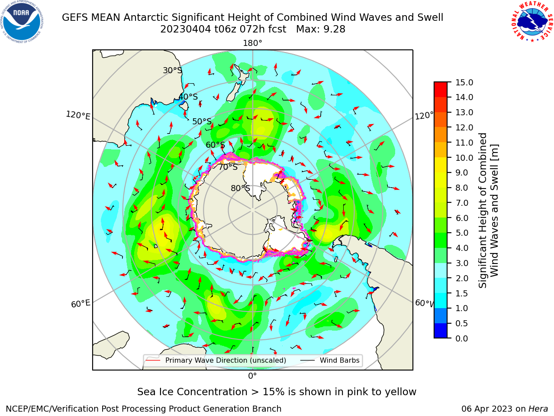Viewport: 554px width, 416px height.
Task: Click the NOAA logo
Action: pyautogui.click(x=22, y=22)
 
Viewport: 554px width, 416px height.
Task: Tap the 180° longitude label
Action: pyautogui.click(x=252, y=43)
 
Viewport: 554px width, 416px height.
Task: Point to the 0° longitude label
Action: pyautogui.click(x=252, y=376)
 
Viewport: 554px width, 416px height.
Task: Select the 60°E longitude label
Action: pyautogui.click(x=81, y=303)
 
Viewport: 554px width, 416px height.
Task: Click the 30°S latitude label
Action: pyautogui.click(x=172, y=70)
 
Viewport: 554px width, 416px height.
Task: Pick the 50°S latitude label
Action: pyautogui.click(x=202, y=121)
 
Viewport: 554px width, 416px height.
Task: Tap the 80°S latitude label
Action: pyautogui.click(x=240, y=188)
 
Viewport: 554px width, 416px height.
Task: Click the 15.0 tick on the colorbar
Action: pyautogui.click(x=464, y=82)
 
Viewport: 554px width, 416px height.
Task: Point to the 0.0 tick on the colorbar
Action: pyautogui.click(x=462, y=338)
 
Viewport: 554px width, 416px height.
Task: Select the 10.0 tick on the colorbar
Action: pyautogui.click(x=464, y=158)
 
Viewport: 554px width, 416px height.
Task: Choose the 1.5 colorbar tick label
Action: pyautogui.click(x=462, y=293)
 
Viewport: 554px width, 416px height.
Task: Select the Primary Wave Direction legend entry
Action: pyautogui.click(x=216, y=360)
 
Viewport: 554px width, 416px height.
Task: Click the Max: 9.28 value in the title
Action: pyautogui.click(x=321, y=29)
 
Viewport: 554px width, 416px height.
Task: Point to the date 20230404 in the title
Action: pyautogui.click(x=186, y=29)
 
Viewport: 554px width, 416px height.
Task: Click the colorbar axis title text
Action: pyautogui.click(x=488, y=211)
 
